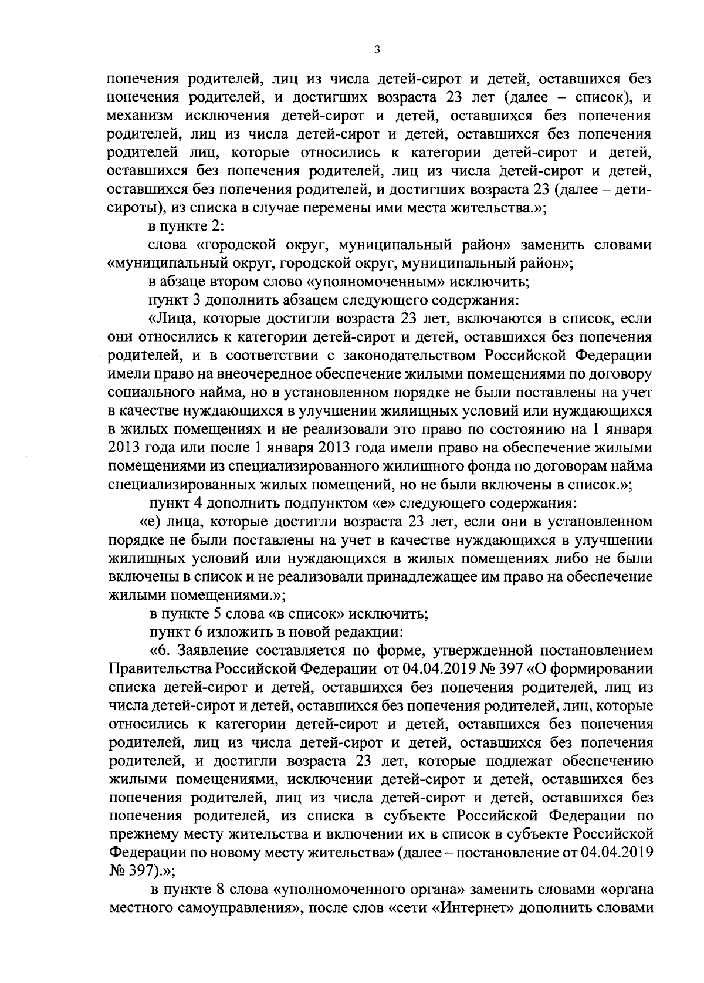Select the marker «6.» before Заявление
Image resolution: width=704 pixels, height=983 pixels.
click(x=168, y=650)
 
